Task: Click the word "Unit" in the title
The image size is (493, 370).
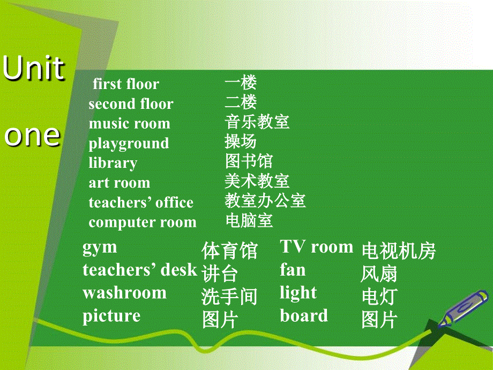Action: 34,68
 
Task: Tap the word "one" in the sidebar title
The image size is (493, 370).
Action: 32,136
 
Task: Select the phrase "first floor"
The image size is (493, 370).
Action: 126,84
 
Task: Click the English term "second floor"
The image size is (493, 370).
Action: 131,103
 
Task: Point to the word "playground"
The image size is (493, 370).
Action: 129,144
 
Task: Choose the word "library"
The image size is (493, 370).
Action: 113,164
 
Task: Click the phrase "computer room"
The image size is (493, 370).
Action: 143,222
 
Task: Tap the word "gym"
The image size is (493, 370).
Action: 100,248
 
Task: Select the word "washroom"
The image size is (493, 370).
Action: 124,293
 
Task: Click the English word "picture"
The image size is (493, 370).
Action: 111,316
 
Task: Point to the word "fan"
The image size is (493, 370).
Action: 293,270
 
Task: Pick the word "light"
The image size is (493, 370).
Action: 298,293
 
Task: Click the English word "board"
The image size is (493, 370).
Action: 304,315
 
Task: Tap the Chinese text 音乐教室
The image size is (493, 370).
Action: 257,122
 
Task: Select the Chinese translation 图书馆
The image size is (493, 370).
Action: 249,161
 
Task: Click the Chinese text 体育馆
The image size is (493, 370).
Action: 229,251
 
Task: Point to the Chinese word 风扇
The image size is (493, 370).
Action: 379,273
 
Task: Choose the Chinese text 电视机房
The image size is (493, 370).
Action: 399,251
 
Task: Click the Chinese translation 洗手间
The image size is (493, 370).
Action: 229,297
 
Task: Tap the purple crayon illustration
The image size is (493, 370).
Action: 464,308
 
